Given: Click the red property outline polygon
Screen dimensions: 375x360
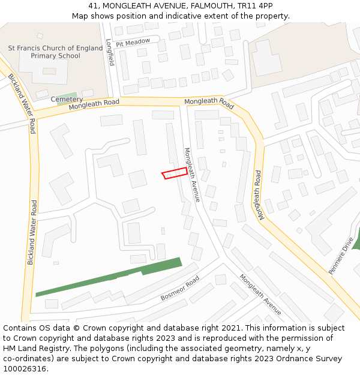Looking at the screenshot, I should pos(175,173).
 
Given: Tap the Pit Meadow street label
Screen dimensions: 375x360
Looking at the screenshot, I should pos(133,43).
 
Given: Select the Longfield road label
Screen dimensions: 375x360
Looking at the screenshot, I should pos(109,52).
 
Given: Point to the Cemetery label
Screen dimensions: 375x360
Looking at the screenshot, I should pos(67,99).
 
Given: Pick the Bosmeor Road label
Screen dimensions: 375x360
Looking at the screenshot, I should pos(179,289).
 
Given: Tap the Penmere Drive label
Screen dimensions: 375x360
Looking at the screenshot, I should pos(341,256).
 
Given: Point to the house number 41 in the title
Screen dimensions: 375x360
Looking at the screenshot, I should pos(93,5).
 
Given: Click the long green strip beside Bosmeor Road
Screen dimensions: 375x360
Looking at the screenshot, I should pos(108,278).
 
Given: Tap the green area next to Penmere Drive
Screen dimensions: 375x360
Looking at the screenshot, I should pos(356,240).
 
